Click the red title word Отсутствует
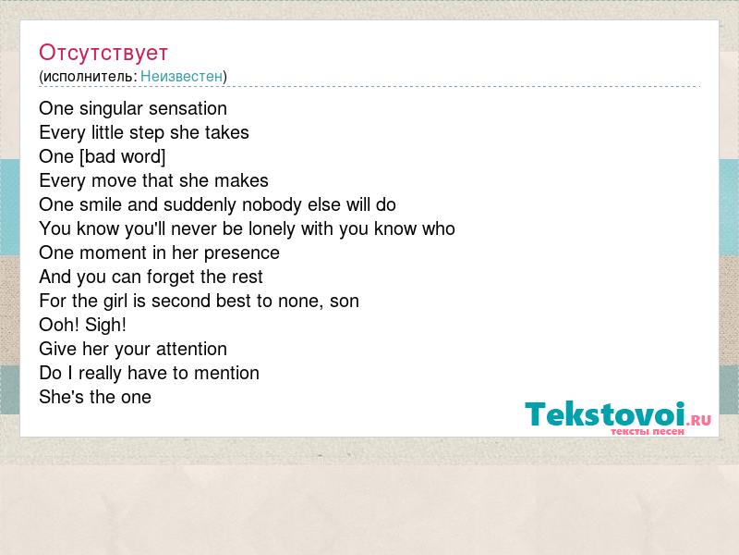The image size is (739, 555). [x=103, y=53]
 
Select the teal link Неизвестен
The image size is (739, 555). [x=181, y=76]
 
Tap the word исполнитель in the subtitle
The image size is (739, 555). [x=90, y=77]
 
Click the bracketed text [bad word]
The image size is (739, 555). [x=123, y=156]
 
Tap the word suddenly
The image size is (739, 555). [x=200, y=204]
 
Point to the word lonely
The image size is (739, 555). [x=272, y=228]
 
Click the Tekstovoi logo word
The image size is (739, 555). [x=605, y=413]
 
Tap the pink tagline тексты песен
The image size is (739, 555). [x=648, y=431]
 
